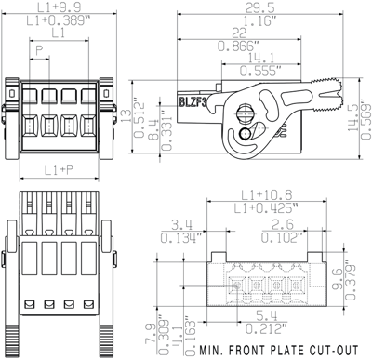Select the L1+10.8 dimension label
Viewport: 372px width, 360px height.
pos(267,193)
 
